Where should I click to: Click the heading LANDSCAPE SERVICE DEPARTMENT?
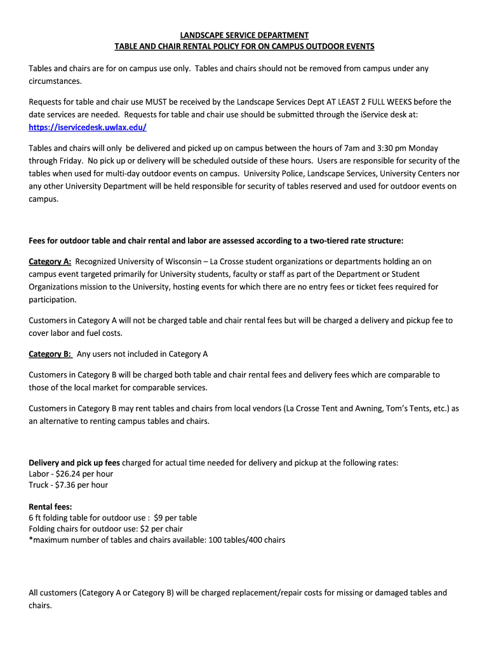coord(245,35)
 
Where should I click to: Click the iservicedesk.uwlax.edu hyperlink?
coord(88,128)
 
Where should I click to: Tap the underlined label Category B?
coord(50,354)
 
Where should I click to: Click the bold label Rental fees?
coord(50,507)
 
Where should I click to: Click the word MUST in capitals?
coord(156,102)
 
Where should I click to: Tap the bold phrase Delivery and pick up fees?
coord(74,463)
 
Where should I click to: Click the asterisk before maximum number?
coord(30,540)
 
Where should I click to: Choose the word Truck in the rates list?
coord(39,485)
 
